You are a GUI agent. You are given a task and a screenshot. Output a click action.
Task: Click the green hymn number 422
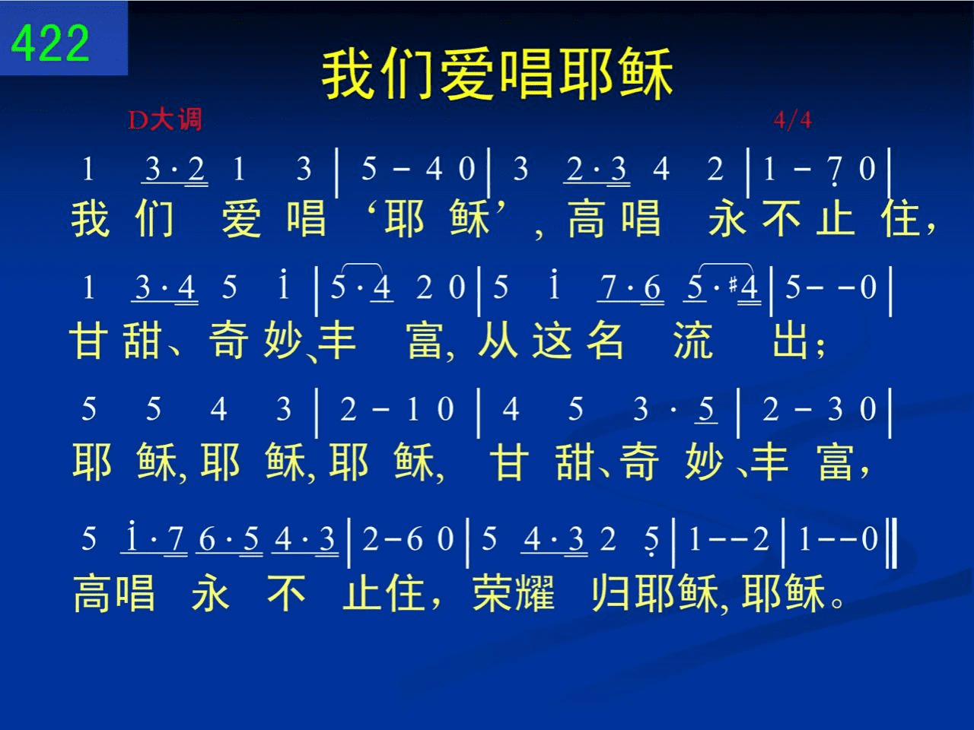pyautogui.click(x=50, y=43)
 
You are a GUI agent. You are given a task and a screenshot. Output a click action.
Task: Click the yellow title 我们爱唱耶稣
pyautogui.click(x=498, y=75)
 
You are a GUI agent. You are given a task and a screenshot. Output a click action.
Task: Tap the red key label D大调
pyautogui.click(x=165, y=119)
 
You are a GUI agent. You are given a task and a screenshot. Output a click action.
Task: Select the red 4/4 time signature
pyautogui.click(x=792, y=119)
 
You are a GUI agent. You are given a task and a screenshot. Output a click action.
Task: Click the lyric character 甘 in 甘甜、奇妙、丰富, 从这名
pyautogui.click(x=89, y=341)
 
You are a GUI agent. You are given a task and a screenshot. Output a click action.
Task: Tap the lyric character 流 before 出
pyautogui.click(x=693, y=341)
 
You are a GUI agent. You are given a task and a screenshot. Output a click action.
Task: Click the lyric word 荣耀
pyautogui.click(x=514, y=593)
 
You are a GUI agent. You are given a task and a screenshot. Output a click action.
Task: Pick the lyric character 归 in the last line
pyautogui.click(x=612, y=593)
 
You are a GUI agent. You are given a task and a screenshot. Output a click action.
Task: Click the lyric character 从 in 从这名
pyautogui.click(x=498, y=341)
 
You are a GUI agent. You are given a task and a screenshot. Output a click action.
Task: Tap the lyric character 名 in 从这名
pyautogui.click(x=605, y=341)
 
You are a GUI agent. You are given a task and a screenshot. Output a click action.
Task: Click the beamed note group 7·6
pyautogui.click(x=630, y=288)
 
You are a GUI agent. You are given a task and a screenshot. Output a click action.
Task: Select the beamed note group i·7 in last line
pyautogui.click(x=154, y=538)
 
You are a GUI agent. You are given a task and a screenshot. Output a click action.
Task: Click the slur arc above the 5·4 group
pyautogui.click(x=361, y=266)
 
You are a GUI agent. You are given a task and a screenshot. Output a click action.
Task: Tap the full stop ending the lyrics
pyautogui.click(x=838, y=603)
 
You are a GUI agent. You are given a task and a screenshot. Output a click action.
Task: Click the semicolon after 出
pyautogui.click(x=820, y=348)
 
